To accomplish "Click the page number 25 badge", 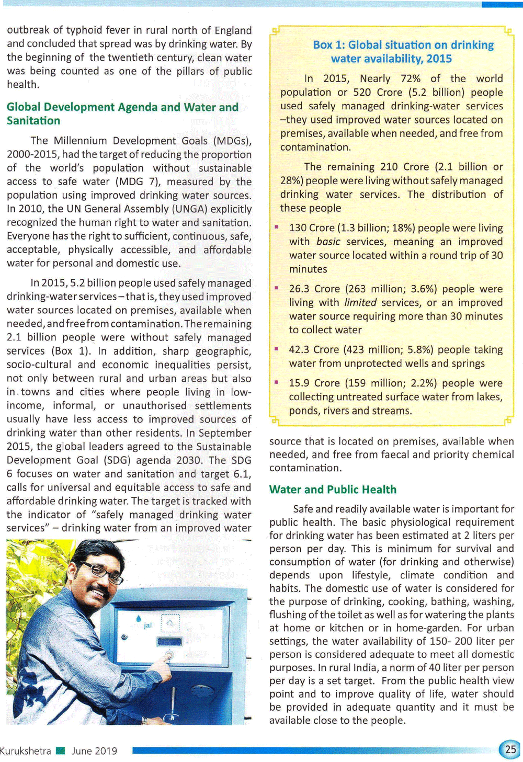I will [x=510, y=749].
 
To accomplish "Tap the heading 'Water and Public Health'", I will [x=333, y=490].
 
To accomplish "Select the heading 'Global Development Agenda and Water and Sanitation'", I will [x=122, y=113].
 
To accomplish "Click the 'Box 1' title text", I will [x=403, y=52].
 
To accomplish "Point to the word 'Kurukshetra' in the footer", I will [x=26, y=751].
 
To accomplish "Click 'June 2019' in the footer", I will [x=95, y=751].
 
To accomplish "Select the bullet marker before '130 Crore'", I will [x=276, y=227].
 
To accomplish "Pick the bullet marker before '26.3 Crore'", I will [x=276, y=288].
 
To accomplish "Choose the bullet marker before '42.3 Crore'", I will [x=276, y=349].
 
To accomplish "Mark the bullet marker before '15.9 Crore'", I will [x=276, y=382].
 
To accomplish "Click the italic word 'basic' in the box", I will [x=328, y=242].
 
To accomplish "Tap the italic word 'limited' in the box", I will [x=360, y=302].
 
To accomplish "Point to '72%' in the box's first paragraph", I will [x=411, y=78].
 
